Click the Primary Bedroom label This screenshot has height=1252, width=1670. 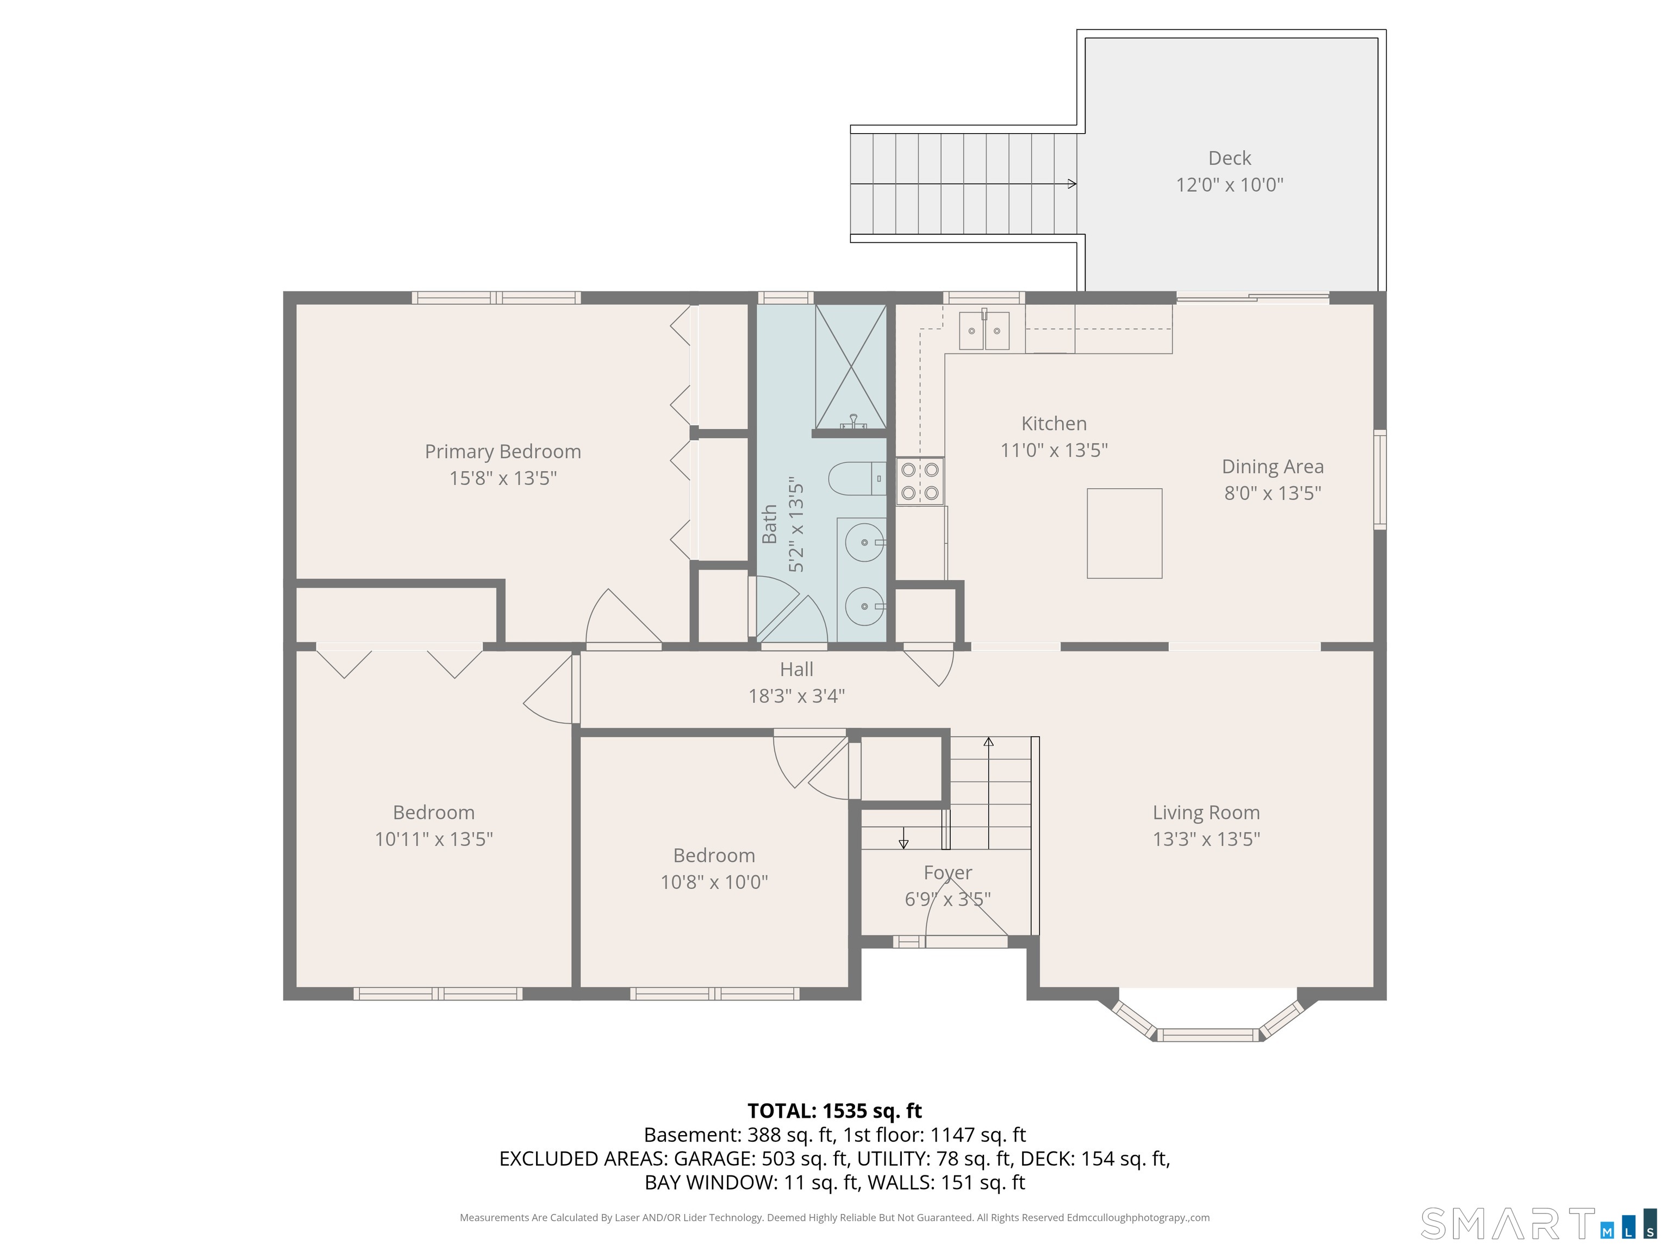(503, 451)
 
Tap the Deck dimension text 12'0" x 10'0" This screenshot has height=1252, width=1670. (1229, 185)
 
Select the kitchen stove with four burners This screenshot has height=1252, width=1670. (920, 481)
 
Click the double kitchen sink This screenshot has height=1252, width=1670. (984, 330)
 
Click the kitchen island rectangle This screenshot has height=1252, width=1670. (1124, 534)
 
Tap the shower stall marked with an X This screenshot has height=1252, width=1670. (851, 367)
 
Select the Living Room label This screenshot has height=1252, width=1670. (1206, 813)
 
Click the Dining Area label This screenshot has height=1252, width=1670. (1272, 467)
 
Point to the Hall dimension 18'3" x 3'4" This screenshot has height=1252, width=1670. (796, 696)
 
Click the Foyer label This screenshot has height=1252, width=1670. (948, 873)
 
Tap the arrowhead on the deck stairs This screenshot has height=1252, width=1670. (1072, 183)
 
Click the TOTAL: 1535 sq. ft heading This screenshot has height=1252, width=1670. (834, 1111)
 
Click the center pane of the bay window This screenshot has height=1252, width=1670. (1208, 1035)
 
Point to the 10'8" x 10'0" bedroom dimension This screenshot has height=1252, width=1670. (714, 882)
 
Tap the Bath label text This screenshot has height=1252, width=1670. (769, 524)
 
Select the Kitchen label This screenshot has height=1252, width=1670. (1054, 424)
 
